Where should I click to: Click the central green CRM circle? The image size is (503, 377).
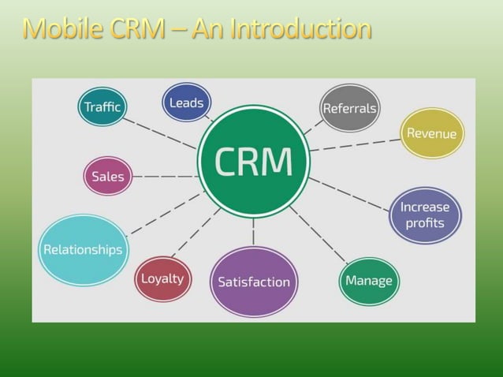click(x=253, y=162)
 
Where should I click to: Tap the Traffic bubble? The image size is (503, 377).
click(x=102, y=106)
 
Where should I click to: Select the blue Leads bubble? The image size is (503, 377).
click(x=186, y=103)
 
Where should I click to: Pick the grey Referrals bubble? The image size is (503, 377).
click(x=350, y=108)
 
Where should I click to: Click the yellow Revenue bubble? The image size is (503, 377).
click(x=431, y=133)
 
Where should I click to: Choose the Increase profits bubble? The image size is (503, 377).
click(x=425, y=215)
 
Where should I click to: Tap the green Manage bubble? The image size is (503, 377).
click(x=369, y=281)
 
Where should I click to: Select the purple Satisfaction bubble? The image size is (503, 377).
click(x=253, y=282)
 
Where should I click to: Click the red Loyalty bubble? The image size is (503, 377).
click(x=162, y=278)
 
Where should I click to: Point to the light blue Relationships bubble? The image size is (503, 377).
click(x=83, y=249)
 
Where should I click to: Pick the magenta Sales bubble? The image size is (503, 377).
click(x=108, y=176)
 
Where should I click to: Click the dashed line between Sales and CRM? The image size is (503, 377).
click(x=164, y=177)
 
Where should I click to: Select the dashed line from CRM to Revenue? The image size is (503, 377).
click(x=355, y=144)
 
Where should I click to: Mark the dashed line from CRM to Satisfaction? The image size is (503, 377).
click(x=253, y=233)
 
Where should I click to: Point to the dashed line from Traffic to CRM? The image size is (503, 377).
click(x=161, y=133)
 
